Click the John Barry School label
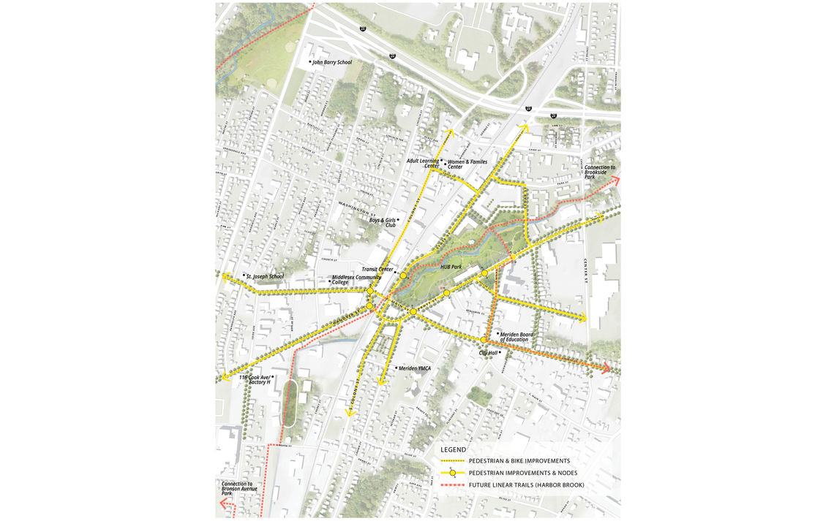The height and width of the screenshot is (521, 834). [x=333, y=63]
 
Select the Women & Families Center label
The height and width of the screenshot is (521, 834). [x=467, y=164]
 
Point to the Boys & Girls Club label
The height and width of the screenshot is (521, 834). [x=382, y=222]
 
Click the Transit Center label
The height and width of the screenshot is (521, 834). [x=377, y=270]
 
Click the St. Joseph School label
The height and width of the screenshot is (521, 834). [x=264, y=276]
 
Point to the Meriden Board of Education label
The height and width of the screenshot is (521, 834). [x=516, y=337]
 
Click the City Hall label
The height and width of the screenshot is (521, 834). [x=488, y=354]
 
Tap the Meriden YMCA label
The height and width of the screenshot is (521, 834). [x=414, y=368]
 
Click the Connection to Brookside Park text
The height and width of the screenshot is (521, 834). [x=600, y=172]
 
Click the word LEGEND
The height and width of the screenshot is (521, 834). [x=454, y=449]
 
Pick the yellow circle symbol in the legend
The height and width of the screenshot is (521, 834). [x=453, y=474]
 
